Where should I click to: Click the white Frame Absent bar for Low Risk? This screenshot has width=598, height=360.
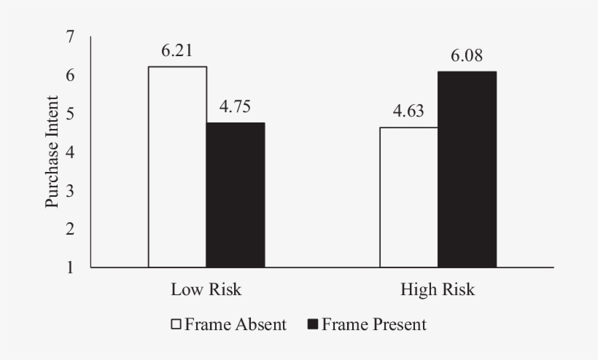pyautogui.click(x=177, y=167)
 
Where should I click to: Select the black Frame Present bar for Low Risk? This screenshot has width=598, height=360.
pyautogui.click(x=235, y=195)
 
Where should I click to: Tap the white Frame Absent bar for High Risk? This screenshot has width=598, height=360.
pyautogui.click(x=408, y=197)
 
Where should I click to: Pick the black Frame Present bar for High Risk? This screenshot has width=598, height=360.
pyautogui.click(x=467, y=169)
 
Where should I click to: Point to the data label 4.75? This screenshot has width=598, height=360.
pyautogui.click(x=236, y=107)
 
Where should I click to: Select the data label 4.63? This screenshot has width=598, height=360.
pyautogui.click(x=408, y=112)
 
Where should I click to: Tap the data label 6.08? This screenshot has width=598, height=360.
pyautogui.click(x=467, y=56)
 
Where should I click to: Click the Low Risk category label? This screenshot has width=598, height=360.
pyautogui.click(x=206, y=289)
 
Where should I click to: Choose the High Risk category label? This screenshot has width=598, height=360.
pyautogui.click(x=438, y=289)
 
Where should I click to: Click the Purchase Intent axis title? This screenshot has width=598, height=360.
pyautogui.click(x=53, y=152)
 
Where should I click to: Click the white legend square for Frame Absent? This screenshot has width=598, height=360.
pyautogui.click(x=176, y=324)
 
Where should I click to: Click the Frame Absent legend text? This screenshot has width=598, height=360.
pyautogui.click(x=236, y=324)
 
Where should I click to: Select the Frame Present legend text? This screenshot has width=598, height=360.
pyautogui.click(x=373, y=324)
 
